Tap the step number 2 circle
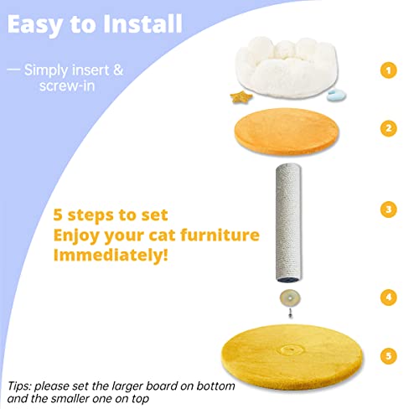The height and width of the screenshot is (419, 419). (387, 128)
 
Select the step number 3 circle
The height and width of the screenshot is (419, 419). (387, 208)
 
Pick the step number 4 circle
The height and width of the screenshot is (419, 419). (387, 297)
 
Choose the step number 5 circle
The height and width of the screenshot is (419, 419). (387, 356)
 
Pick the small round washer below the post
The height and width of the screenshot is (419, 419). (290, 297)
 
